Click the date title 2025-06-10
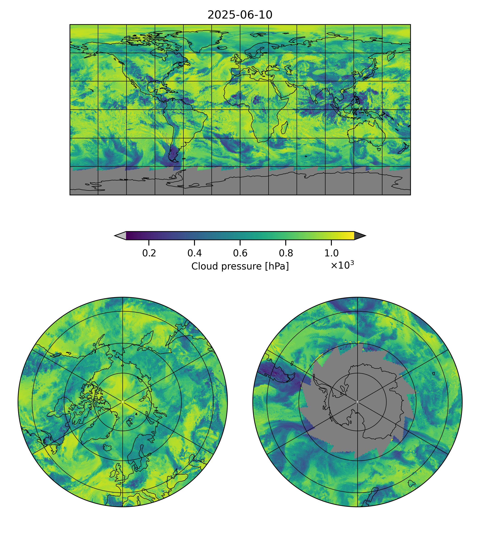[x=240, y=15]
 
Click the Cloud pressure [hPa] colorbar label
[x=240, y=266]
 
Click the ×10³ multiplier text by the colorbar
[x=342, y=265]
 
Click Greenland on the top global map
[x=202, y=40]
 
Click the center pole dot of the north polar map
[x=123, y=402]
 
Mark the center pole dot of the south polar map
[x=357, y=402]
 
